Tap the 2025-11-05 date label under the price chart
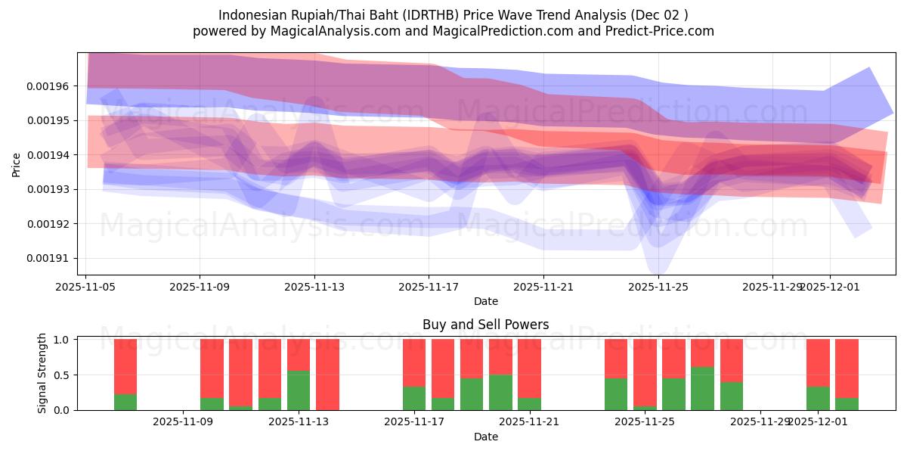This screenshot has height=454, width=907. coord(85,288)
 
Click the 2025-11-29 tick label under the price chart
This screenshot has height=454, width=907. coord(772,288)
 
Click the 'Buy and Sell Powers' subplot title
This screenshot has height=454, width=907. coord(485,325)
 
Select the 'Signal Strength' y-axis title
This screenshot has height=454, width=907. coord(42,373)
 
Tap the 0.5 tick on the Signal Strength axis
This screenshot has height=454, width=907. coord(63,375)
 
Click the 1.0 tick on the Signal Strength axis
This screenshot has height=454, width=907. coord(63,340)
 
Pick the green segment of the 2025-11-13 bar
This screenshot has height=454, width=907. coord(299,390)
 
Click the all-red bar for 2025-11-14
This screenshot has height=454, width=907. coord(327,375)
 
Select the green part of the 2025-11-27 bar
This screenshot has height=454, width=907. coord(702,388)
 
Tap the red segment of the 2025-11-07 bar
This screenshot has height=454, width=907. coord(125,366)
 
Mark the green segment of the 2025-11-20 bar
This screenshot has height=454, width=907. coord(500,392)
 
